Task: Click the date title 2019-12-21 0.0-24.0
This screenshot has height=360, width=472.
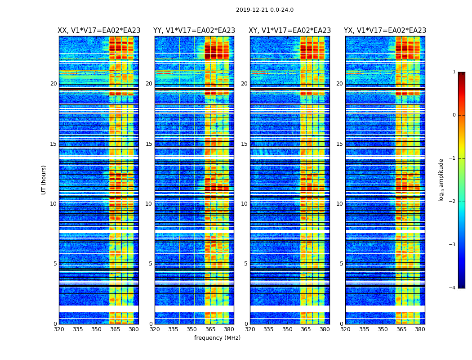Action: (x=264, y=10)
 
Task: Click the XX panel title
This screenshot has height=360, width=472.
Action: (x=99, y=31)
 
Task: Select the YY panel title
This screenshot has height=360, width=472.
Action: (x=194, y=31)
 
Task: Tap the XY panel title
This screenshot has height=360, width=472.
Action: (x=290, y=31)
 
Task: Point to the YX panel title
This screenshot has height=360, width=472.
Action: (x=385, y=31)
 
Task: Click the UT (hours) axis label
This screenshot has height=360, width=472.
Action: (x=44, y=180)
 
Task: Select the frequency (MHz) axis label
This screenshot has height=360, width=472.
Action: (x=217, y=338)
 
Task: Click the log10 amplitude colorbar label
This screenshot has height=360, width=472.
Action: (x=441, y=180)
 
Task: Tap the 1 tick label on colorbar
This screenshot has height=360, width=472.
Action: (x=454, y=72)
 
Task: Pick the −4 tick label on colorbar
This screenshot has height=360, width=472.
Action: (x=453, y=288)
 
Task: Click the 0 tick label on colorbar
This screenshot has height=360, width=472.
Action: (x=454, y=115)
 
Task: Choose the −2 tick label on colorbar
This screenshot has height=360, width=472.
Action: (x=453, y=202)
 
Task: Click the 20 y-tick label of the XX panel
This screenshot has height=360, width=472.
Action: (x=53, y=84)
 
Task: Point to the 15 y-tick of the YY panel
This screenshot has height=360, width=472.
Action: (x=149, y=144)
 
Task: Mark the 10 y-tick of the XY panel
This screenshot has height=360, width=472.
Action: (x=244, y=204)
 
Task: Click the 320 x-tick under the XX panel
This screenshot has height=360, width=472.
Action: (x=59, y=329)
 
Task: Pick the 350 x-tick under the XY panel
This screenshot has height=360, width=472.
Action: (x=287, y=329)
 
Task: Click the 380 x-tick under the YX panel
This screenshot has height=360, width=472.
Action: (x=420, y=329)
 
